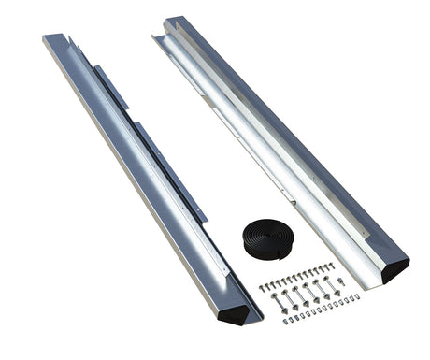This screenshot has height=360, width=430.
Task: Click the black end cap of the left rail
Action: pyautogui.click(x=247, y=312)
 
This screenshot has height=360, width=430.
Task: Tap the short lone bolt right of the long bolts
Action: pyautogui.click(x=341, y=281)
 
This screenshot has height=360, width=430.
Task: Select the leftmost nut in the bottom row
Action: pyautogui.click(x=285, y=321)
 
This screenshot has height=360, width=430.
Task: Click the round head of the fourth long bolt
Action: pyautogui.click(x=307, y=286)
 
